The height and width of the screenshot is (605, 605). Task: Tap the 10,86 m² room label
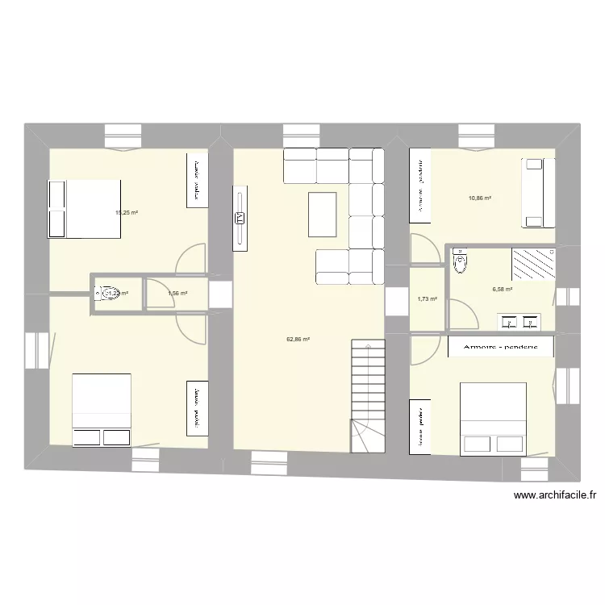pyautogui.click(x=480, y=198)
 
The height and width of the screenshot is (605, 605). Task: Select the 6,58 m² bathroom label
pyautogui.click(x=503, y=289)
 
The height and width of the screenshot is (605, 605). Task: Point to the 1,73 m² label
pyautogui.click(x=427, y=299)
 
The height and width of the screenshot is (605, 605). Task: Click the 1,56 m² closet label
pyautogui.click(x=177, y=294)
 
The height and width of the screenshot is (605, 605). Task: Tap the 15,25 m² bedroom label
pyautogui.click(x=127, y=213)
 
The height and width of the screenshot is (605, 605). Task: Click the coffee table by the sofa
pyautogui.click(x=322, y=214)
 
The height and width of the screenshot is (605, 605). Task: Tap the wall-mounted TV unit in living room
pyautogui.click(x=240, y=217)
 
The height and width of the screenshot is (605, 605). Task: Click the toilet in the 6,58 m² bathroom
pyautogui.click(x=461, y=261)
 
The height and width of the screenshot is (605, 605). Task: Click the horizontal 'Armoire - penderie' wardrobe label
pyautogui.click(x=501, y=347)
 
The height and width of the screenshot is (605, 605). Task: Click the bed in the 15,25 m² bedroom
pyautogui.click(x=85, y=209)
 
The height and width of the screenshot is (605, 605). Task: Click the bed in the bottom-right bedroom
pyautogui.click(x=493, y=418)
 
